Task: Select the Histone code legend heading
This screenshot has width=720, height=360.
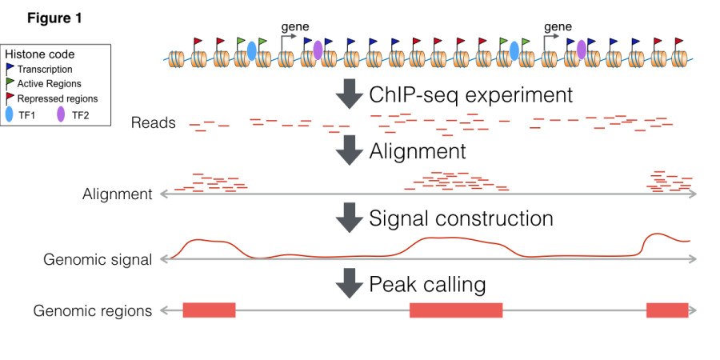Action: click(x=40, y=54)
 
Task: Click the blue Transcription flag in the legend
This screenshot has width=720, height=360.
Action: click(x=11, y=69)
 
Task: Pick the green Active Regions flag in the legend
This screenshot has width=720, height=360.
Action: click(x=11, y=83)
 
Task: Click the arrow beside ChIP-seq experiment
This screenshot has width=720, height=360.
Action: click(x=349, y=95)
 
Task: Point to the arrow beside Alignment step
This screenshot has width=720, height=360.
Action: click(x=349, y=150)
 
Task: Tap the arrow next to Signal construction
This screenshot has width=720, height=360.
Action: click(x=349, y=218)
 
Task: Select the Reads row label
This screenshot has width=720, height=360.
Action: click(x=154, y=123)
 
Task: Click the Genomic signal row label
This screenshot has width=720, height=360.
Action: click(x=98, y=260)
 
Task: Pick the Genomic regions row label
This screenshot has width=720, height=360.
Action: click(x=93, y=310)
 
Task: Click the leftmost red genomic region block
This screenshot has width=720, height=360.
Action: click(x=209, y=310)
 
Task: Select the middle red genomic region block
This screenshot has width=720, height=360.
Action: click(x=455, y=310)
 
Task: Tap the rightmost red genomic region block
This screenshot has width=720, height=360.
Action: click(x=667, y=310)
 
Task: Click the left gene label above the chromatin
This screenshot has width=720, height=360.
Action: click(x=295, y=26)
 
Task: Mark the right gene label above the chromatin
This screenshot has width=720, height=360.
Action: click(x=558, y=26)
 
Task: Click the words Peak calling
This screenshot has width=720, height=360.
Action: click(x=427, y=284)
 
